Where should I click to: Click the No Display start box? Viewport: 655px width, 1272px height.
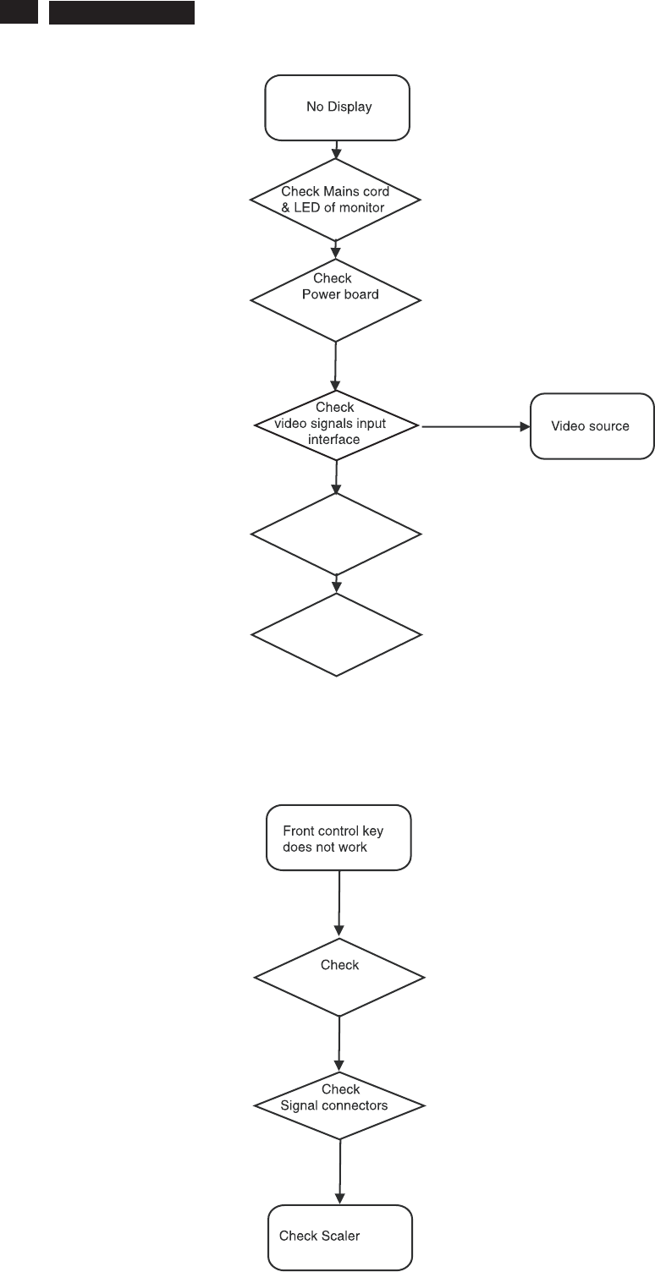point(337,107)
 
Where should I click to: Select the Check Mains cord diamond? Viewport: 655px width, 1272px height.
point(335,200)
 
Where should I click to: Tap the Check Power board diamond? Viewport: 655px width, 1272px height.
point(335,299)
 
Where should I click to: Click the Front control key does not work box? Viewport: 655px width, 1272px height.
point(339,838)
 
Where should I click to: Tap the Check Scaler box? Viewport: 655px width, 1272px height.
point(339,1236)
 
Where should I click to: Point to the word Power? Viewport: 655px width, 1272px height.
point(322,294)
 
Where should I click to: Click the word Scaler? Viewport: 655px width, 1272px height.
point(340,1236)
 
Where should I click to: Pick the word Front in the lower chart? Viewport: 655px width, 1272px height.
point(298,831)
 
